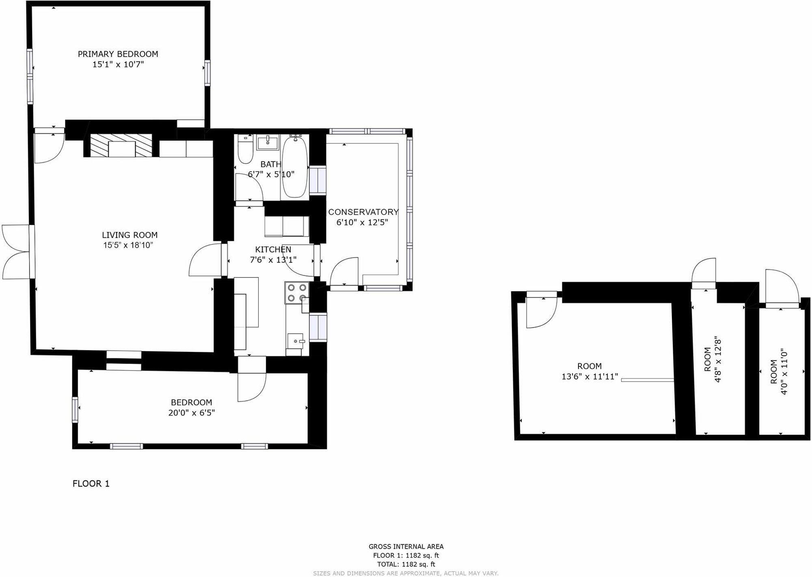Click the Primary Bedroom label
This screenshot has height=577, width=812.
pos(118,54)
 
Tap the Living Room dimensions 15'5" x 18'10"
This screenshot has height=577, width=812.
pos(128,245)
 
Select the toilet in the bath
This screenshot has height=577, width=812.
pos(245,150)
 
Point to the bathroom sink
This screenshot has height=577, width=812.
pos(268,142)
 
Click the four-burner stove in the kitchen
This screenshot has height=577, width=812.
pos(296,293)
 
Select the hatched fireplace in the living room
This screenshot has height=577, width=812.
pos(121,145)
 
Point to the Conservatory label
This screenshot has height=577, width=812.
pos(363,212)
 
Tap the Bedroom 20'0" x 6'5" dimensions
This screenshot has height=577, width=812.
pos(191,413)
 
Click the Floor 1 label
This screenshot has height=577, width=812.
pos(91,484)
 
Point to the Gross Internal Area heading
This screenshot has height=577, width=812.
pos(406,547)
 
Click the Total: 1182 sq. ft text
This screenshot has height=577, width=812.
pos(406,564)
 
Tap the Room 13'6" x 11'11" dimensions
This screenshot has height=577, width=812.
pos(590,377)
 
